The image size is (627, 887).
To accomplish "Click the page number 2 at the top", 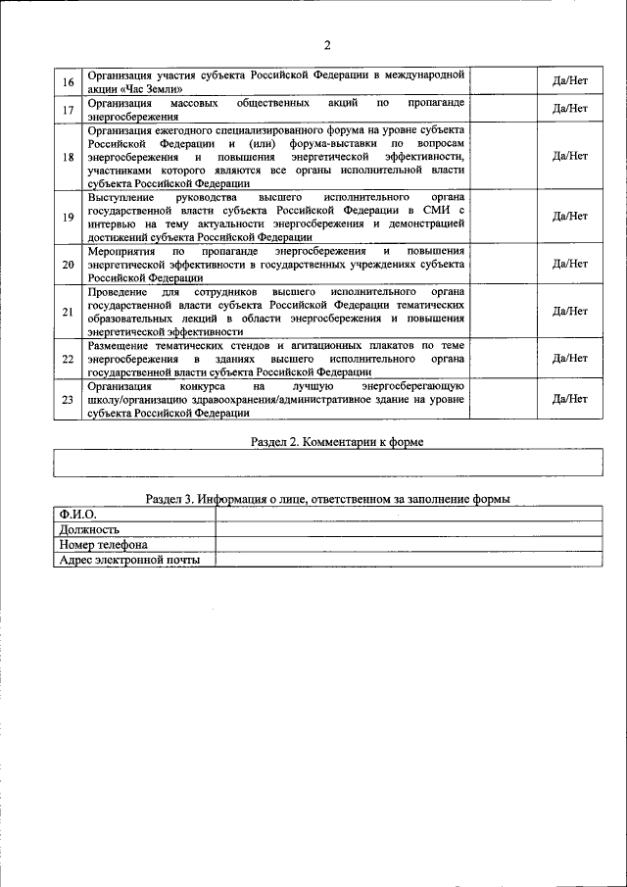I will [326, 45].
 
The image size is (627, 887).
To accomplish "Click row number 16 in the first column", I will [68, 81].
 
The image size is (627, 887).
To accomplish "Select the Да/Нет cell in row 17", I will [570, 109].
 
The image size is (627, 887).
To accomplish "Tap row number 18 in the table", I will [68, 157].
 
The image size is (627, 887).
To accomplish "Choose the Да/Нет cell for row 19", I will [570, 217].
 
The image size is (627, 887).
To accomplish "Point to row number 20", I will [68, 265].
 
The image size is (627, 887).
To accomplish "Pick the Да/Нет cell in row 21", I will [570, 312].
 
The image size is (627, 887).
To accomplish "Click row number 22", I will [68, 359].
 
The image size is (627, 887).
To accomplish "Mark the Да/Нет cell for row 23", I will [570, 400].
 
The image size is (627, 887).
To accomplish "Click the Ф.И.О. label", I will [76, 513].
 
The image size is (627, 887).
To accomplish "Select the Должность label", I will [89, 529].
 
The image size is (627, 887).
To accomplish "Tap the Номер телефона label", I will [103, 545].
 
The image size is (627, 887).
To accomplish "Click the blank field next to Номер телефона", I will [408, 545].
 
